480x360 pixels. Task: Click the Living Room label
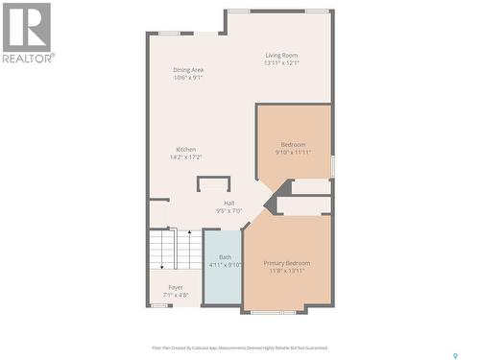282,55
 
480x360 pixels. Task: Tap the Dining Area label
188,70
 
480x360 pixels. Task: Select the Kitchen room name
185,149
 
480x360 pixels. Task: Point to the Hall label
229,203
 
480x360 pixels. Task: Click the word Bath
225,256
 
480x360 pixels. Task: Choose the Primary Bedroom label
287,262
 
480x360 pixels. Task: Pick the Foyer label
176,287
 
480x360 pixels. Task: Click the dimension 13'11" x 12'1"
282,63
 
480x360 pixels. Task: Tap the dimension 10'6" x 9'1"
188,78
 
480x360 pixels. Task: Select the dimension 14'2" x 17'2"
185,156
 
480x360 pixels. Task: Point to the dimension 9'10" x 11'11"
293,152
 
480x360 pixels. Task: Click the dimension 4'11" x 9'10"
225,264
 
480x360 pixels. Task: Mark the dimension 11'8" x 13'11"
287,270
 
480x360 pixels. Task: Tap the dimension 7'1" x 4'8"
176,295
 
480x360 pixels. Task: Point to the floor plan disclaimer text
239,348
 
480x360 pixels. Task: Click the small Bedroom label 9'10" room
293,144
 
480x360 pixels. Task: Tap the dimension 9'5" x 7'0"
229,210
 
